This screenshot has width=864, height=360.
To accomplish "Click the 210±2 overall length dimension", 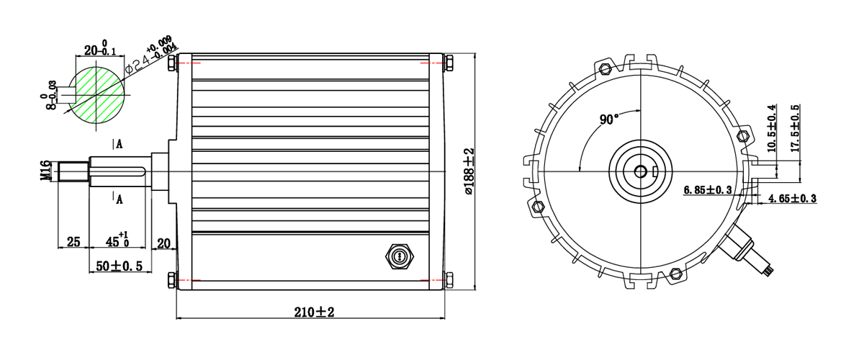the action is click(x=314, y=312).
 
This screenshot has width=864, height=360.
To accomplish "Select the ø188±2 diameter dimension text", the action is click(x=468, y=171).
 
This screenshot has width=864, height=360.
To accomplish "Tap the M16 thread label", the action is click(x=45, y=171).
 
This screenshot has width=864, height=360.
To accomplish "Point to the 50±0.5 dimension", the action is click(x=120, y=266).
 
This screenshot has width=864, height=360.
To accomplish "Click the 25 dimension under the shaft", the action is click(x=73, y=242).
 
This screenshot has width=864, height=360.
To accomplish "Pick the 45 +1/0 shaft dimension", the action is click(x=117, y=240).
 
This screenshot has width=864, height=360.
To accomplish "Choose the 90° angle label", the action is click(x=609, y=120).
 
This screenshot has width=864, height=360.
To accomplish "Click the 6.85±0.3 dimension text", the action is click(x=707, y=190).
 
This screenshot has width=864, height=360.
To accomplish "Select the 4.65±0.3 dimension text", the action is click(x=792, y=198).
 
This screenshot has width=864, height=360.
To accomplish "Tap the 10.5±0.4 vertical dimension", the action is click(x=771, y=128).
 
